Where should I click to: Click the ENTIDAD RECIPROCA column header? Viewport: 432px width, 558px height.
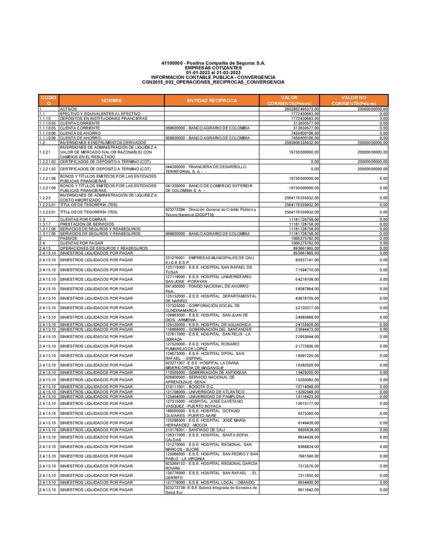[212, 100]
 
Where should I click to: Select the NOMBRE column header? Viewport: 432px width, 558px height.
[111, 100]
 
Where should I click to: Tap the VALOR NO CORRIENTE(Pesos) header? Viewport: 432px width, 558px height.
[353, 100]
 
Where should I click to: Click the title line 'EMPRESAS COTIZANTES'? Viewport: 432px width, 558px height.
[213, 68]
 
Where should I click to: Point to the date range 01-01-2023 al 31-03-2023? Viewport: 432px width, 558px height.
[213, 72]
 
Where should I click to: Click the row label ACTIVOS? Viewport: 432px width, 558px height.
[68, 109]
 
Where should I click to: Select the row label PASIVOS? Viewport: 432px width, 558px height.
[68, 238]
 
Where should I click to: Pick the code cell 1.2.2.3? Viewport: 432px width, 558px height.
[45, 198]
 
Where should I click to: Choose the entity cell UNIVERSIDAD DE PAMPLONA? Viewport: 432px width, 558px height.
[205, 397]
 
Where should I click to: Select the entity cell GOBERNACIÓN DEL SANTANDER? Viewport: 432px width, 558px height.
[208, 329]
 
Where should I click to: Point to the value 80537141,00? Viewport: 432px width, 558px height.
[307, 260]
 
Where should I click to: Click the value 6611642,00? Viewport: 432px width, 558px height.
[308, 490]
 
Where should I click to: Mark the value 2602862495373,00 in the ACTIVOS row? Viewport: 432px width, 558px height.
[302, 109]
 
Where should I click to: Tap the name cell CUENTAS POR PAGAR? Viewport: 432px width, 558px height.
[81, 243]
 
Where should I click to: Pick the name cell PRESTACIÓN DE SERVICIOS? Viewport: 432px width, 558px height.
[87, 224]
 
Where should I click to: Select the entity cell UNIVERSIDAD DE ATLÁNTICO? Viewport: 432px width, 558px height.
[205, 392]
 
